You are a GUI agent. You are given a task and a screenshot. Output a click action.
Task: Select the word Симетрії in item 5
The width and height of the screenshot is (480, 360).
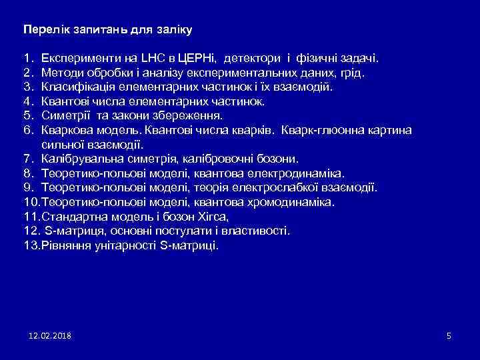[65, 115]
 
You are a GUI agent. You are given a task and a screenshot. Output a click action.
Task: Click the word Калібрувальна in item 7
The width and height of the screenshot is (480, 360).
[77, 159]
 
